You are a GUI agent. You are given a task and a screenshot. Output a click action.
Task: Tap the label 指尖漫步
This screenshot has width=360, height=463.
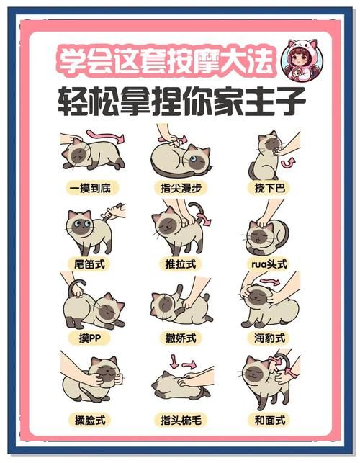181,189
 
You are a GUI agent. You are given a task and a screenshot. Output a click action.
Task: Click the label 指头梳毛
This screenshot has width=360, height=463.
181,418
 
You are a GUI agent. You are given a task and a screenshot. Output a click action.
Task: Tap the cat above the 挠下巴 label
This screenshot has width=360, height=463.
265,154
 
